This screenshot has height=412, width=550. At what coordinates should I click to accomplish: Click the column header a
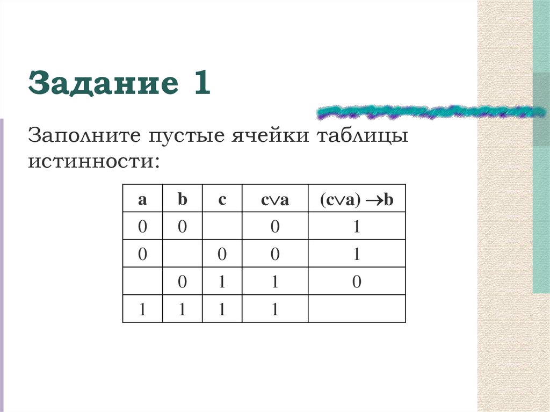(142, 200)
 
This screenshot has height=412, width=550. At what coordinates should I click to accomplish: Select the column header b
(183, 200)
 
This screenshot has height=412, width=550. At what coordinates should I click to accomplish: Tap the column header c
(222, 200)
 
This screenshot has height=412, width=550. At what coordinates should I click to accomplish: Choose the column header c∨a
(275, 200)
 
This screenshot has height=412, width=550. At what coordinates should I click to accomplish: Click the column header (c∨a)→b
(357, 200)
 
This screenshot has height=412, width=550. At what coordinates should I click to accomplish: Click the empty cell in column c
(222, 227)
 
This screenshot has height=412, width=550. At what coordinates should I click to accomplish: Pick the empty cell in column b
(183, 254)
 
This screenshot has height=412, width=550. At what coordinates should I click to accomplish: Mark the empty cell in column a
(142, 282)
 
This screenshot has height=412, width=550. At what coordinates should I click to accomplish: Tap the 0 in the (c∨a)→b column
(357, 282)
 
